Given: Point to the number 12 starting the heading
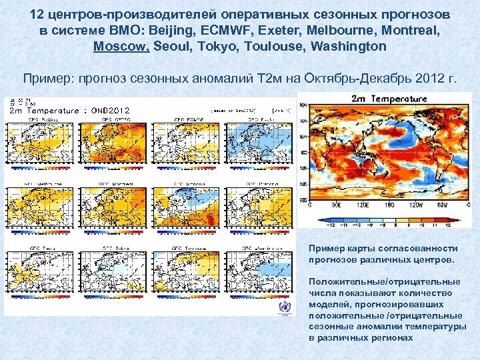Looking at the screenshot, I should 37,14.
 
